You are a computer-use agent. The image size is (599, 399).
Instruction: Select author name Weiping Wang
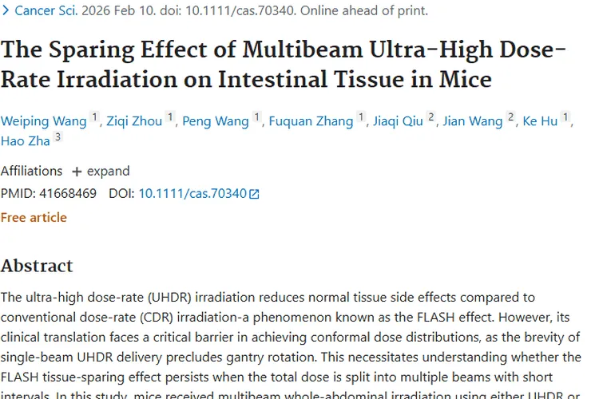click(43, 121)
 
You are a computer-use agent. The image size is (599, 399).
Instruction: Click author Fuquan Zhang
click(311, 121)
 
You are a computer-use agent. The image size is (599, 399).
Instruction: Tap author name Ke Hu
click(540, 121)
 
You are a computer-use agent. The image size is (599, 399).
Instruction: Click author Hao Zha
click(25, 141)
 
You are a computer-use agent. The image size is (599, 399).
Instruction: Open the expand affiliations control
click(101, 171)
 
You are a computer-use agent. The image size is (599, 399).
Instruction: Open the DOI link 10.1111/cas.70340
click(192, 193)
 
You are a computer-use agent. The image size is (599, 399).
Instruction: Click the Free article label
click(34, 217)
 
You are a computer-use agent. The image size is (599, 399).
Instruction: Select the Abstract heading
click(37, 265)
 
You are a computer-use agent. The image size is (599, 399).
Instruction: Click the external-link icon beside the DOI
click(255, 194)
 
